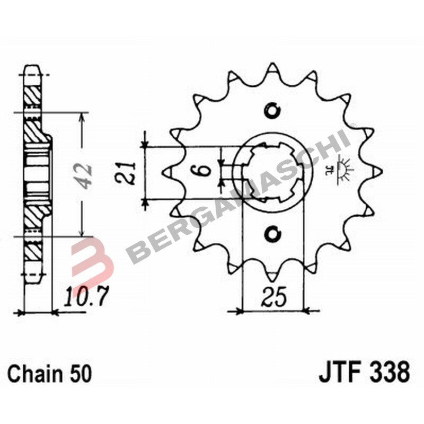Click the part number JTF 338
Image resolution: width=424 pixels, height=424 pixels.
click(364, 372)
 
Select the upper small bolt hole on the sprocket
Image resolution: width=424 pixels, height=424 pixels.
click(272, 110)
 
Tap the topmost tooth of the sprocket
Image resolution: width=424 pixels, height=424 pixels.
click(272, 68)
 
